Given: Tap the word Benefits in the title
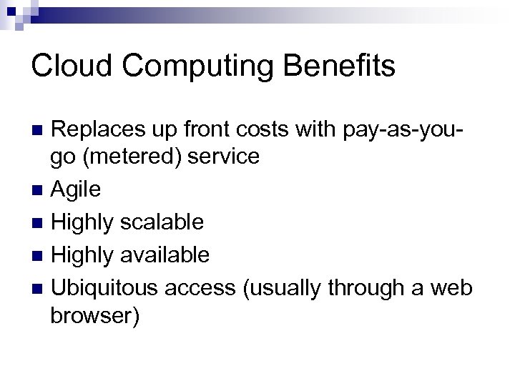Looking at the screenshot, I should click(343, 66).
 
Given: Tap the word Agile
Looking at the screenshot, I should click(77, 189).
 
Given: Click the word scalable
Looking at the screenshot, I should click(162, 222).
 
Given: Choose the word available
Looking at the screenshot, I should click(167, 254).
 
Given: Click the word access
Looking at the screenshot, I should click(201, 287).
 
